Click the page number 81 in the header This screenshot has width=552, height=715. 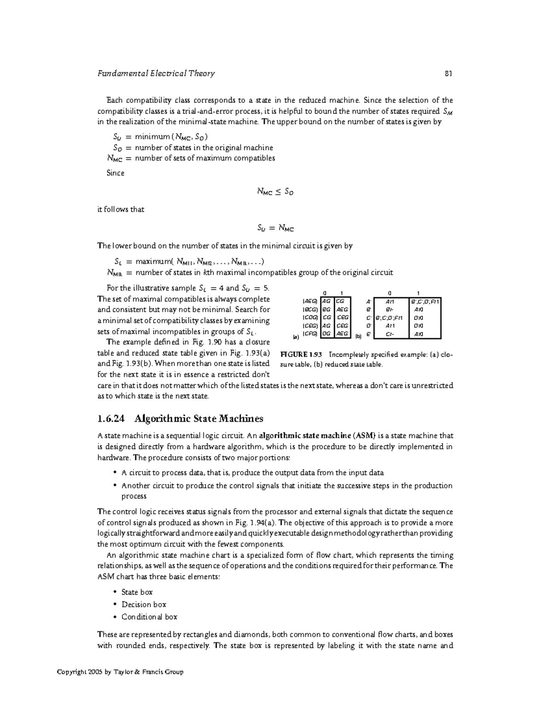[x=448, y=74]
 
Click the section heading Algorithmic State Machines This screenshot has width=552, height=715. [x=198, y=419]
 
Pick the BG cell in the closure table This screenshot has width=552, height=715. [x=326, y=310]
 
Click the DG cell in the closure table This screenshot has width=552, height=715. [x=326, y=334]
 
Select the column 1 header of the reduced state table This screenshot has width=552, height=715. [x=418, y=293]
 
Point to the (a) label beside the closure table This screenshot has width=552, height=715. [x=296, y=337]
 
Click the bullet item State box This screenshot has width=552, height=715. [x=137, y=592]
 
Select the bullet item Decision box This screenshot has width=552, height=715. [x=144, y=605]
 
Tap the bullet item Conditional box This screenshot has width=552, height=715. [x=149, y=617]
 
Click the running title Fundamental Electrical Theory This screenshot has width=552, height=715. [x=156, y=74]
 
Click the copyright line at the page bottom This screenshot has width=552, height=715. [x=120, y=672]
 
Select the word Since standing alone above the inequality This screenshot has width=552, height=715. [x=115, y=173]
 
